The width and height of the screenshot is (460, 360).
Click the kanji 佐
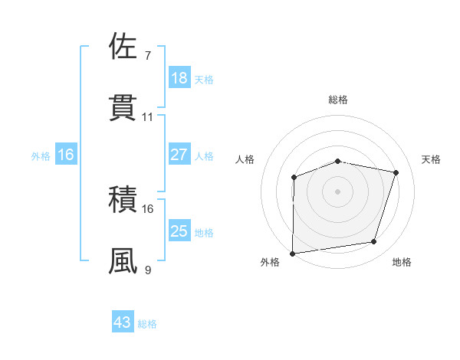point(123,47)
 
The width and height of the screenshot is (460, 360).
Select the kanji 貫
point(123,107)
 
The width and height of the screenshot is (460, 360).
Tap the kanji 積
point(123,201)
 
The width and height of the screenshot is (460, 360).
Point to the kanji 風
point(123,261)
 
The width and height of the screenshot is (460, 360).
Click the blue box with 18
point(179,78)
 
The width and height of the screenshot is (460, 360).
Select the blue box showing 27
point(179,155)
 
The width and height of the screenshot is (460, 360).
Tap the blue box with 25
point(179,231)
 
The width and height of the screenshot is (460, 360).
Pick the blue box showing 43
point(123,322)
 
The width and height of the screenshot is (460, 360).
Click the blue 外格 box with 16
point(66,155)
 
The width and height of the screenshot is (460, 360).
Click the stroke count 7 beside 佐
point(148,56)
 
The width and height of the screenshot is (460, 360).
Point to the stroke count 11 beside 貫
point(148,117)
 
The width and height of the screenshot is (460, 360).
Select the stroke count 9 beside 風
point(148,270)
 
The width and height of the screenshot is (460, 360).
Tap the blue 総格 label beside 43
point(147,324)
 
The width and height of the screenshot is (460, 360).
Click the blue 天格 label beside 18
point(204,79)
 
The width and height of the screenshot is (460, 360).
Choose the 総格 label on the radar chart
point(338,100)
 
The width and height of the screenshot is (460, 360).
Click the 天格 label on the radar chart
point(432,159)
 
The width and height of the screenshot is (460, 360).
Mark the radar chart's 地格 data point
point(374,242)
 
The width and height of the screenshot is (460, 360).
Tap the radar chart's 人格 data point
point(294,178)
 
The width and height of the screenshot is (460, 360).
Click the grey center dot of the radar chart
point(338,191)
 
